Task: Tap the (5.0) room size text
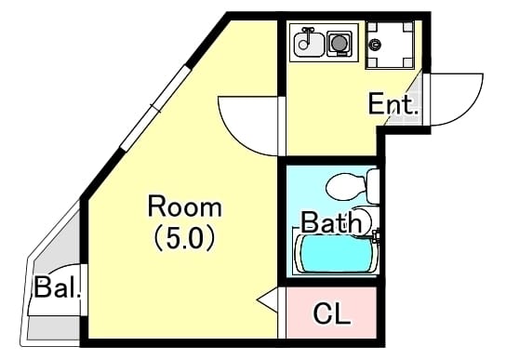click(x=185, y=239)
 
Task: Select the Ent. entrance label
click(x=393, y=103)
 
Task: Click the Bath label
click(x=331, y=221)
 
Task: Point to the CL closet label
click(x=331, y=313)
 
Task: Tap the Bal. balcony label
click(x=57, y=287)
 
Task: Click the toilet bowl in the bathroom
click(x=346, y=186)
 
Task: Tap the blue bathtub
click(x=336, y=254)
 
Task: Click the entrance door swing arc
click(x=468, y=110)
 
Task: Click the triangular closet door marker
click(x=268, y=300)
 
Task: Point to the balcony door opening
click(x=84, y=290)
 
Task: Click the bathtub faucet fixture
click(x=375, y=235)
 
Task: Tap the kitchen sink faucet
click(x=307, y=33)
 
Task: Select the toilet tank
click(x=373, y=186)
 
